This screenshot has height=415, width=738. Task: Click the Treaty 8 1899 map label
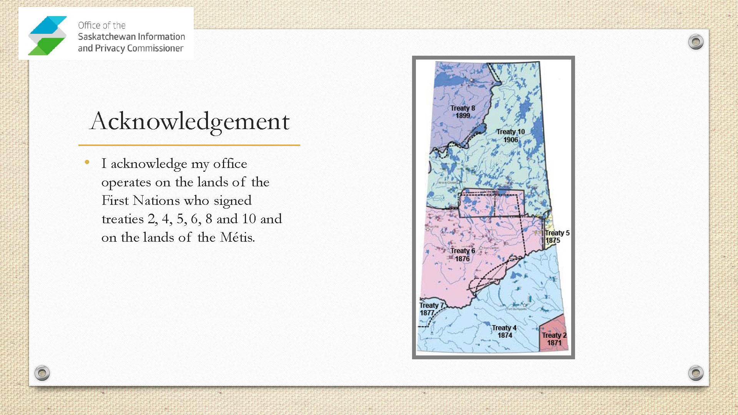(x=463, y=112)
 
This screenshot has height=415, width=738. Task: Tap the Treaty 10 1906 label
(x=510, y=136)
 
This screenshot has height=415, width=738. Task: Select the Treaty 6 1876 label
(x=463, y=254)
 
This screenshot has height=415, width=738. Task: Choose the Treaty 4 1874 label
(x=504, y=331)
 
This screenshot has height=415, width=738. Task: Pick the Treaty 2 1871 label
(x=554, y=339)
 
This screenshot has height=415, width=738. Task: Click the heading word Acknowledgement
(x=189, y=121)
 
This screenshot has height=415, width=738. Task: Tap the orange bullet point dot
(x=87, y=163)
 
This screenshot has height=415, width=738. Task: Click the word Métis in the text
(x=237, y=237)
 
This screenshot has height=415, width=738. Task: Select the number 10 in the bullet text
(x=249, y=219)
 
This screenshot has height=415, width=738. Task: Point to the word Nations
(x=156, y=201)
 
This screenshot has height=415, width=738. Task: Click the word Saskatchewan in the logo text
(x=107, y=37)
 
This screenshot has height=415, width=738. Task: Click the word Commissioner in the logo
(x=155, y=48)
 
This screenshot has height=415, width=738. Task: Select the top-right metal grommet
(x=696, y=41)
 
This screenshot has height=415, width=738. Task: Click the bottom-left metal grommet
(x=42, y=373)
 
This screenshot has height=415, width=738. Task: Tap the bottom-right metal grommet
(x=696, y=373)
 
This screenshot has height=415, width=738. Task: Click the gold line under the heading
(x=189, y=145)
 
